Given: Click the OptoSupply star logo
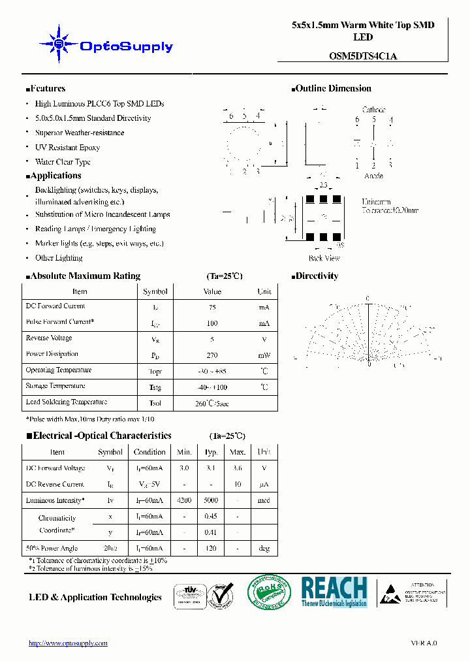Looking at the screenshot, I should click(x=59, y=44).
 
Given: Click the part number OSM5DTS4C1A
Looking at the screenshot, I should click(x=362, y=56).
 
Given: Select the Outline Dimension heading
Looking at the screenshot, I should click(x=333, y=89).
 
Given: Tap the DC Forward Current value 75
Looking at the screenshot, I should click(x=212, y=307).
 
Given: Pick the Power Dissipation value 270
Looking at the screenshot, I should click(x=212, y=355).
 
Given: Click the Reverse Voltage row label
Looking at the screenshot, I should click(x=49, y=338).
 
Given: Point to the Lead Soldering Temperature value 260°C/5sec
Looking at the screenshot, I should click(x=212, y=403).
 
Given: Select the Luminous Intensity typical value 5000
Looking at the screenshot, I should click(x=211, y=501).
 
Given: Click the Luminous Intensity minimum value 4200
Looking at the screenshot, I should click(x=184, y=501).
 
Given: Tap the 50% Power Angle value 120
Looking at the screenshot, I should click(x=211, y=549).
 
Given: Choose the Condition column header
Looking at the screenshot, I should click(x=149, y=452).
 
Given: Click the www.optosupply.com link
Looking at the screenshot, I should click(x=68, y=643).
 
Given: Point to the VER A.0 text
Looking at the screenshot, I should click(x=424, y=643).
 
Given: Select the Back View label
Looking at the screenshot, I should click(x=324, y=259).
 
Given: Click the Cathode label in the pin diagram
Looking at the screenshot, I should click(x=373, y=110).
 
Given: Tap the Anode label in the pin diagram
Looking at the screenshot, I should click(x=373, y=176).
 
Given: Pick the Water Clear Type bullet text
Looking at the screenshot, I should click(x=63, y=162).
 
